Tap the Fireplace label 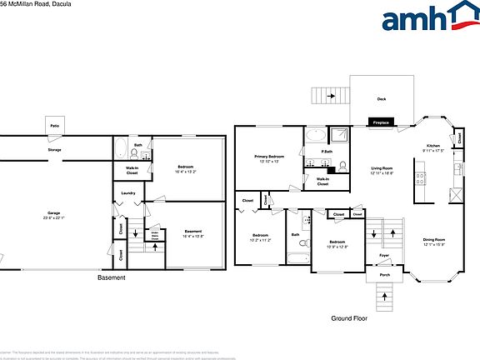[x=381, y=122]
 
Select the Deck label [x=381, y=99]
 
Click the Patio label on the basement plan [x=54, y=126]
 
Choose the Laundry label [x=127, y=193]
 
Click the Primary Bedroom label [x=270, y=157]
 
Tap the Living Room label [x=382, y=170]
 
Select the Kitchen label [x=432, y=147]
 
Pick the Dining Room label [x=434, y=242]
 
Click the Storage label [x=54, y=150]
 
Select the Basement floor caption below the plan [x=111, y=277]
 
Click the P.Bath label [x=327, y=152]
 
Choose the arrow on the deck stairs [x=332, y=96]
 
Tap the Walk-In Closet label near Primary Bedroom [x=322, y=181]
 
